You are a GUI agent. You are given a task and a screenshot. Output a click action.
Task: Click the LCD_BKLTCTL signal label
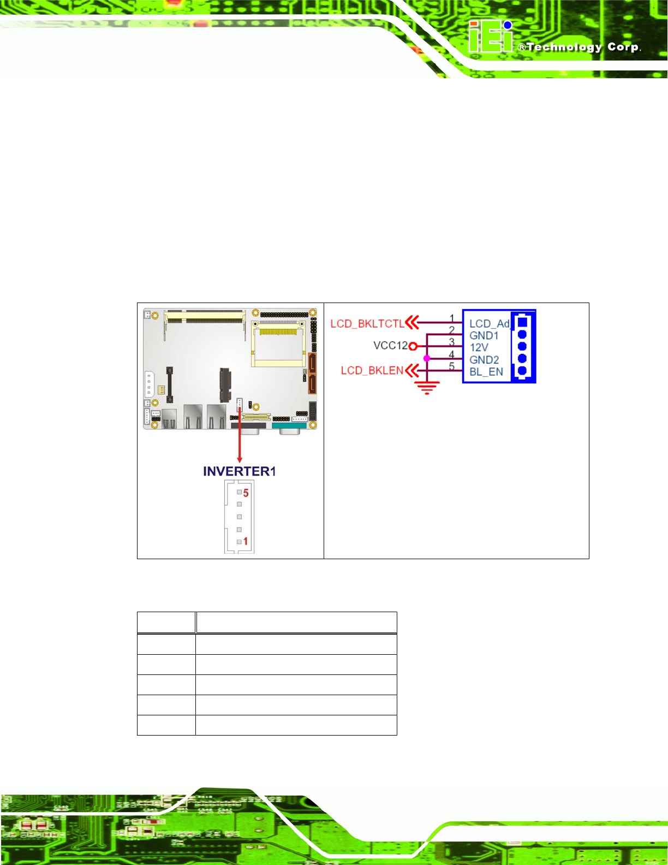367,324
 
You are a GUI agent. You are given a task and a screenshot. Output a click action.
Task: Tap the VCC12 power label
390,346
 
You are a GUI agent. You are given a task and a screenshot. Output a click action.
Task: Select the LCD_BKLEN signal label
372,371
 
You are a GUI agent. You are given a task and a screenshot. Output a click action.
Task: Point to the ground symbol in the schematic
427,388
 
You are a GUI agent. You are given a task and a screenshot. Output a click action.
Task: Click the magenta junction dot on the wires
427,358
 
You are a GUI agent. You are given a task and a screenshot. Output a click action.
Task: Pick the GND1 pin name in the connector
484,336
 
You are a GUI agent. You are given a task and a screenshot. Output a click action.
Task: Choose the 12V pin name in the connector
479,348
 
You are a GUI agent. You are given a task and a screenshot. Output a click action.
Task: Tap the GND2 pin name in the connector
484,360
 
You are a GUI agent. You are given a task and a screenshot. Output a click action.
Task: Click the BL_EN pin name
486,372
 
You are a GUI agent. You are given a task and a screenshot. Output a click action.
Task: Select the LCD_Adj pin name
489,324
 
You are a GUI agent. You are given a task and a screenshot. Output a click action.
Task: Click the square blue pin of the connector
522,322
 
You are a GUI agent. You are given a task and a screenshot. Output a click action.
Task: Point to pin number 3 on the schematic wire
451,342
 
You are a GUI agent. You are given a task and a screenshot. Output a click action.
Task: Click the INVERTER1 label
240,471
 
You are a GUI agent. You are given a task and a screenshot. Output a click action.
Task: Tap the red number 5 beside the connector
246,493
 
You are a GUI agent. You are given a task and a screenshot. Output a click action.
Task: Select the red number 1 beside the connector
246,541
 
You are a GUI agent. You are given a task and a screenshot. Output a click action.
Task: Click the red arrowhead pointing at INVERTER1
239,460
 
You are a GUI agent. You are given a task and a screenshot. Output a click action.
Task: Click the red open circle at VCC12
413,346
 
